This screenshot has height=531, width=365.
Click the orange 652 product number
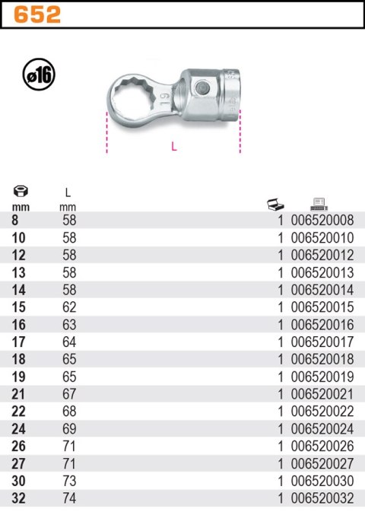click(37, 15)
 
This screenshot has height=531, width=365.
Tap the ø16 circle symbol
click(39, 75)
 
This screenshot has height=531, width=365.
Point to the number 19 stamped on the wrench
click(164, 99)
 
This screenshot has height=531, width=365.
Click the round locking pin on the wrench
click(202, 88)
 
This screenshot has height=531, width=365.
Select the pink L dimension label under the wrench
click(174, 146)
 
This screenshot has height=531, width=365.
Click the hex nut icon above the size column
click(21, 192)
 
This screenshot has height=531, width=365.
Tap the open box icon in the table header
click(275, 204)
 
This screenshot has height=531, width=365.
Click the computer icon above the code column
click(319, 204)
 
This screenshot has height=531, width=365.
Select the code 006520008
click(322, 221)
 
